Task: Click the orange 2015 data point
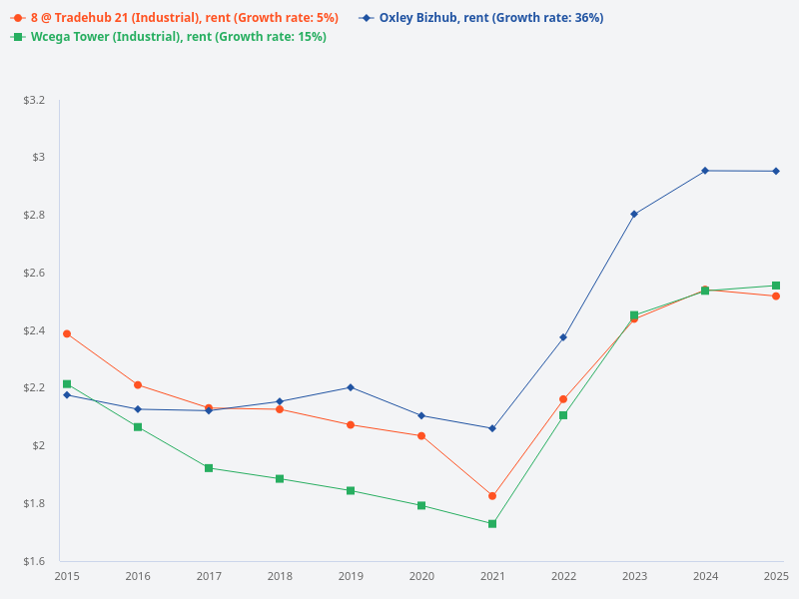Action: [67, 333]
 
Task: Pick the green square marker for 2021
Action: [492, 523]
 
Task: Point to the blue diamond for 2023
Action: [634, 214]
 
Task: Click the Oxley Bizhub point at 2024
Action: [705, 171]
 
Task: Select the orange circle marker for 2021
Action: [492, 496]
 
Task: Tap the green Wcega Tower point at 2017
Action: [209, 468]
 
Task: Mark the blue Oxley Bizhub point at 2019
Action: [351, 387]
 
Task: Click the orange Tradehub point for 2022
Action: [563, 399]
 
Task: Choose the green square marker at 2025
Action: [776, 286]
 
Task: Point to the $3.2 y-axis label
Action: [34, 101]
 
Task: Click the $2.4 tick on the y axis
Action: [34, 330]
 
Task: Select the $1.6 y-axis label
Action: [34, 561]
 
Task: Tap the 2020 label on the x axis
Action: [421, 576]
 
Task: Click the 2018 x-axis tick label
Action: [280, 576]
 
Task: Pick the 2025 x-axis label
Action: [776, 576]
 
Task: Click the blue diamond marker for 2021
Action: [492, 428]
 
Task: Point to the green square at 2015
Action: [67, 384]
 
